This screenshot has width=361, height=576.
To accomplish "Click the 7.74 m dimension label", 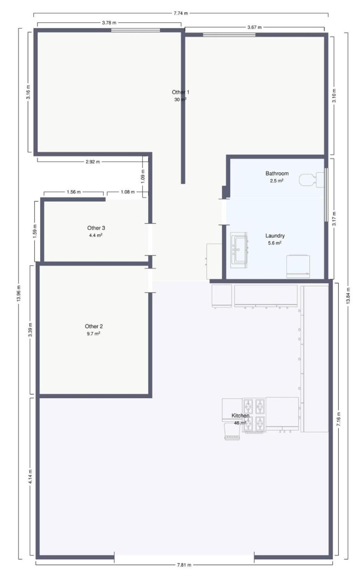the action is coord(181,13).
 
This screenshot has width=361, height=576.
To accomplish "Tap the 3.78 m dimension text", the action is coord(109,23).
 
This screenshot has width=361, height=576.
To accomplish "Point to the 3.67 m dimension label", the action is coord(254,27).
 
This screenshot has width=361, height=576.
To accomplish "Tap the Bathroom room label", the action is coord(277,173).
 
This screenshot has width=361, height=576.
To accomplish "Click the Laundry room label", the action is coord(275,235).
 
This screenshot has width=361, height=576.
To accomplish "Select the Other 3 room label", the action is coord(96,228).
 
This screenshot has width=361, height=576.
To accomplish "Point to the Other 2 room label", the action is coord(94,326).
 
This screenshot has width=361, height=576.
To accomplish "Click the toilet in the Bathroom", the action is coord(312,179).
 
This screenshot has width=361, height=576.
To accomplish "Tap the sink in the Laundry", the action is coord(239,250).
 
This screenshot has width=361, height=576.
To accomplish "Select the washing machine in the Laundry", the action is coord(298,267).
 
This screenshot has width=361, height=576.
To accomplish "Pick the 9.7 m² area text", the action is coord(93,334).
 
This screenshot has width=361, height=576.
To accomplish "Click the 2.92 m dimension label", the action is coord(93,162).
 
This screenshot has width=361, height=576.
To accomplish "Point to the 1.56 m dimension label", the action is coord(74,192).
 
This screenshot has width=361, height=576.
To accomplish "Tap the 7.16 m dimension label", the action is coord(339,419).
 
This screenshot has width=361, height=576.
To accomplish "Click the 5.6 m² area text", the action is coord(275,243).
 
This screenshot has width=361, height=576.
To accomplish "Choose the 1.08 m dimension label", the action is coord(128,192).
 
